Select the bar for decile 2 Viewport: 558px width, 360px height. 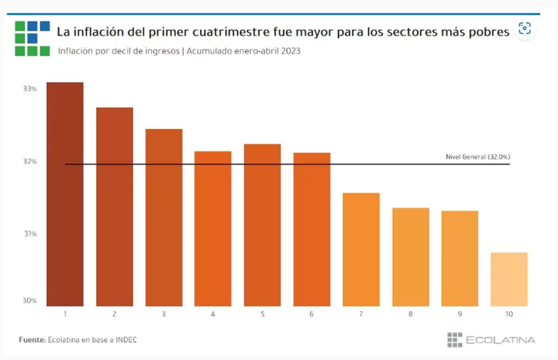(x=115, y=206)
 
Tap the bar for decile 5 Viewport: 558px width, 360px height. (x=262, y=225)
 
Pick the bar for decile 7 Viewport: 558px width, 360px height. (x=361, y=249)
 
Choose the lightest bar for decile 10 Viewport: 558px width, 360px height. (x=509, y=279)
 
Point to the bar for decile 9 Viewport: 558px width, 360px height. (x=459, y=258)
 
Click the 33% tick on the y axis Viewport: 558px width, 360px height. (x=29, y=89)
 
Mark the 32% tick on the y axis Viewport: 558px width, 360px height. (x=29, y=161)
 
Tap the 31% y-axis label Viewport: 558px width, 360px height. (x=29, y=234)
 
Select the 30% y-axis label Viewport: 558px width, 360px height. (x=29, y=300)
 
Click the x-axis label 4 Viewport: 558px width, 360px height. (x=212, y=314)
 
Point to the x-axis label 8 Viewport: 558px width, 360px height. (x=410, y=314)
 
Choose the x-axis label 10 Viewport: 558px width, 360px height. (x=509, y=314)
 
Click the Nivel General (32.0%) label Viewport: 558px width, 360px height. (x=478, y=157)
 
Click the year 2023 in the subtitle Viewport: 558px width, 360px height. (x=289, y=51)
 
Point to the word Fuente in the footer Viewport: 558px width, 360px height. (x=30, y=339)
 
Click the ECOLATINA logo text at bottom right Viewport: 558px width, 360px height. (x=500, y=340)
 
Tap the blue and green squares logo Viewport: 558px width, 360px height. (x=32, y=38)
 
